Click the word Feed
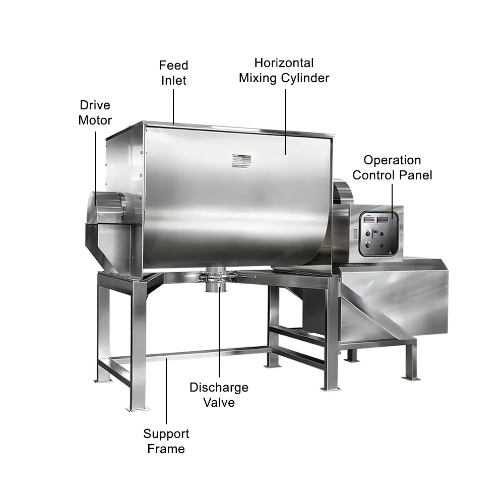173,65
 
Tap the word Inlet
173,80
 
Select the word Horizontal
284,63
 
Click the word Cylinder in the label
305,78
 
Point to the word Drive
95,105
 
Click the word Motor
95,120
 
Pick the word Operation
392,160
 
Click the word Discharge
219,388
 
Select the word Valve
219,402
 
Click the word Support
166,434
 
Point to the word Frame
166,449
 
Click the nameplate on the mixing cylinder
241,161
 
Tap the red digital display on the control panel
369,220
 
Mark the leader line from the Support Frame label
166,391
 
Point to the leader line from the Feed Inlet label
173,107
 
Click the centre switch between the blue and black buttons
375,233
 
